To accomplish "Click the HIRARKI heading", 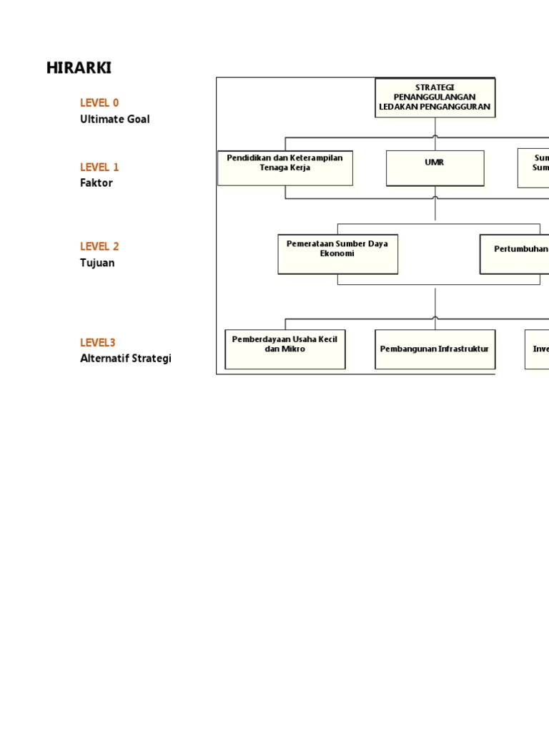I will (79, 68).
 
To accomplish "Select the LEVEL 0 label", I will (99, 103).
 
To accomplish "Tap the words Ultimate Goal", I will (115, 120).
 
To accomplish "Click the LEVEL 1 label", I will (99, 167).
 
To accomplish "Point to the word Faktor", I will (97, 183).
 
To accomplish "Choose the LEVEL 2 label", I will (99, 246).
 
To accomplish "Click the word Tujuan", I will (97, 263).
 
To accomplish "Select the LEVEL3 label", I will (98, 343).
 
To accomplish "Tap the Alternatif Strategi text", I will (126, 359).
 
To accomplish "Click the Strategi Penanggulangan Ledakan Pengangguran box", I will (435, 97).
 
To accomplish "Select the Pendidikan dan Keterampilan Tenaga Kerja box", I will (285, 168).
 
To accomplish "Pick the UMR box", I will (435, 168).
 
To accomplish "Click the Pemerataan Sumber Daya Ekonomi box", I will (337, 253).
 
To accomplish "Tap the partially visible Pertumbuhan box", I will (514, 253).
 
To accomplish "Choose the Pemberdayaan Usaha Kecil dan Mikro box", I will (285, 349).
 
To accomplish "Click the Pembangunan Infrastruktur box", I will (435, 349).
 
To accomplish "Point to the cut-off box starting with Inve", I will (537, 349).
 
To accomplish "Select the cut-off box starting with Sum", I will (533, 168).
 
